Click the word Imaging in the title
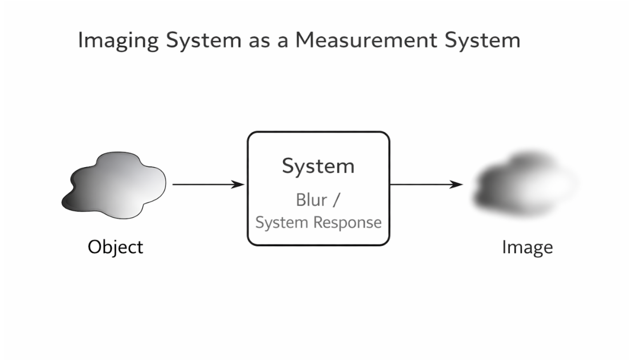[x=117, y=41]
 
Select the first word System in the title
[x=203, y=41]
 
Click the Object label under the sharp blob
[x=116, y=247]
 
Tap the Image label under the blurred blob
[x=527, y=247]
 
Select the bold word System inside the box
[x=318, y=166]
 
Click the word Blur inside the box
[x=311, y=200]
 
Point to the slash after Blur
[x=336, y=200]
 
